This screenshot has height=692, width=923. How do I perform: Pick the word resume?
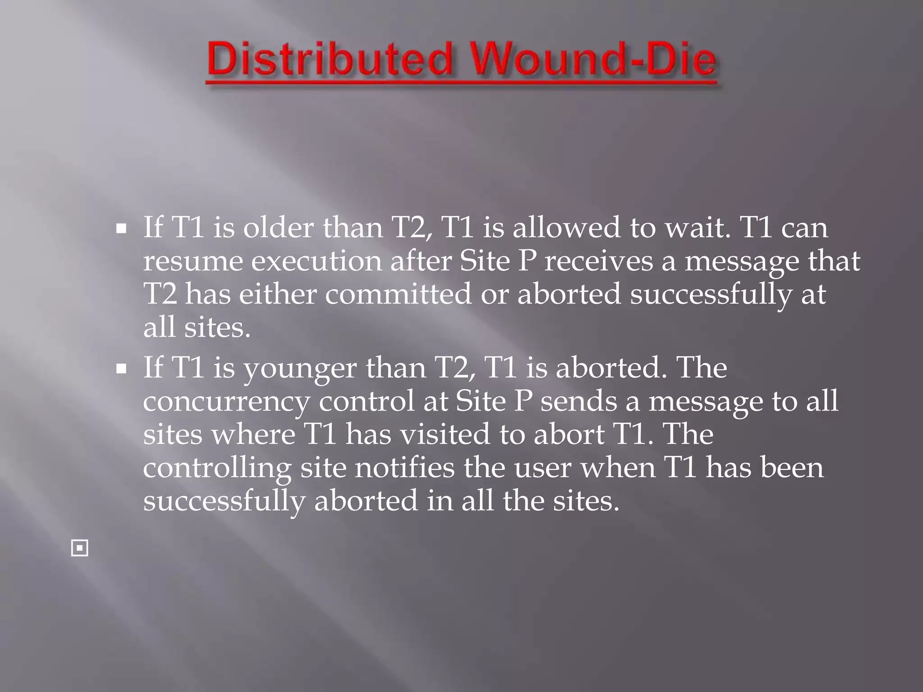pyautogui.click(x=193, y=261)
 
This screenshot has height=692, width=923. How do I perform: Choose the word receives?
pyautogui.click(x=599, y=261)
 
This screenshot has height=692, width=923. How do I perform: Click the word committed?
pyautogui.click(x=398, y=294)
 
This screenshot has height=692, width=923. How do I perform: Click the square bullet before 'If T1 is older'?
pyautogui.click(x=121, y=229)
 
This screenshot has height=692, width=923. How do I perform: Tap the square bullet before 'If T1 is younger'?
pyautogui.click(x=121, y=369)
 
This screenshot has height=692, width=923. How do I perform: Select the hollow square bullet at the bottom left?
pyautogui.click(x=80, y=548)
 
